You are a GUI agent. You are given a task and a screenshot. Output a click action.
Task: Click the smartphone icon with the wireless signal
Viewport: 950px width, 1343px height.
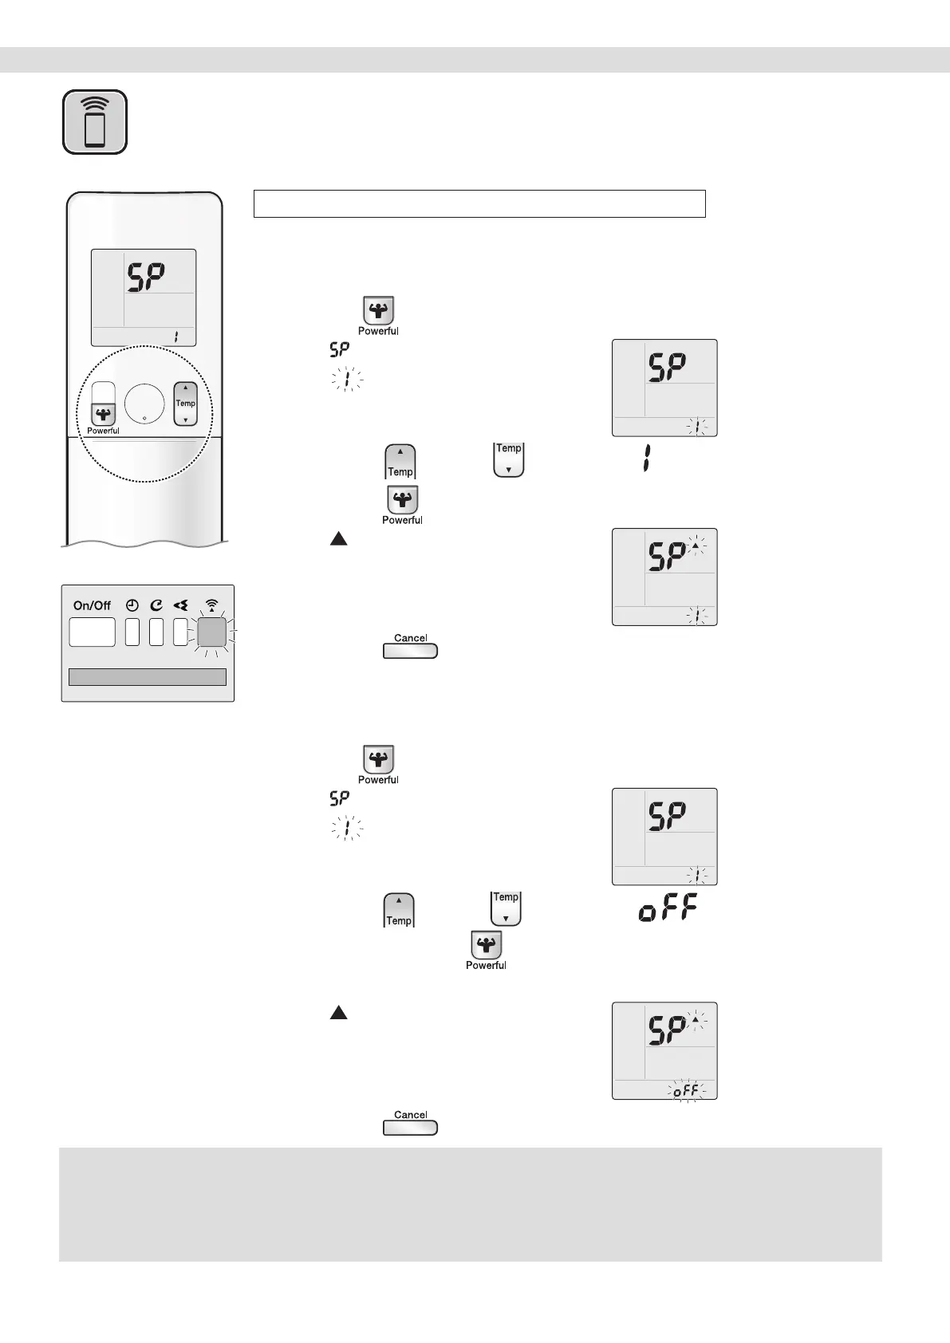click(x=95, y=122)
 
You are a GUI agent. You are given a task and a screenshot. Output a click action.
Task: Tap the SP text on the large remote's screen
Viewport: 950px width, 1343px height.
click(x=147, y=278)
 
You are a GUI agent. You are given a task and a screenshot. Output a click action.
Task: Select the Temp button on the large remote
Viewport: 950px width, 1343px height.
click(x=185, y=404)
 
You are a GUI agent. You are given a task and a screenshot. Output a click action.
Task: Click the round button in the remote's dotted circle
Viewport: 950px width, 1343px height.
click(x=144, y=404)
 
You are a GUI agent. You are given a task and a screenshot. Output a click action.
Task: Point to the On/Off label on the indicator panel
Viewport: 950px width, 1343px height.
click(x=92, y=605)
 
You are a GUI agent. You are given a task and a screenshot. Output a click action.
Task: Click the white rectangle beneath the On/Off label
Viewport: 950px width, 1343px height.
click(x=92, y=632)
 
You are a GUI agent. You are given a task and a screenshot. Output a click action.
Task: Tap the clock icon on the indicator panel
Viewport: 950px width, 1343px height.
click(x=132, y=605)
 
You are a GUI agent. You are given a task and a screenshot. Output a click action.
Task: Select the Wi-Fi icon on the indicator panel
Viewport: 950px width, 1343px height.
click(x=211, y=605)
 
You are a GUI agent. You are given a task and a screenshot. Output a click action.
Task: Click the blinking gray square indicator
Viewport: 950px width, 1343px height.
click(x=211, y=632)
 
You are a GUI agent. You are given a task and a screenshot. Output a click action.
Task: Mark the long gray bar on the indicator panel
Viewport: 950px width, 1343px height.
click(x=148, y=677)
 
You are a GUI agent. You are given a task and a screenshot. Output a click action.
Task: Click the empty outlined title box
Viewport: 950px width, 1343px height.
click(x=479, y=203)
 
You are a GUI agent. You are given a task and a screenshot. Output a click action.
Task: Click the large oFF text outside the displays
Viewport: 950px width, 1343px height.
click(x=668, y=909)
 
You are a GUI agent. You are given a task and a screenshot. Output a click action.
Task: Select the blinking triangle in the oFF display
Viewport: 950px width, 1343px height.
click(x=696, y=1020)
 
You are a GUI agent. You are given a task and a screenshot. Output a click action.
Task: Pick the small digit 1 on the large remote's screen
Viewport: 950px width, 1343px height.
click(x=175, y=337)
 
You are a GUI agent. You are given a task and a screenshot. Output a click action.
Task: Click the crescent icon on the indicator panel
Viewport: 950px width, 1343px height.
click(x=156, y=605)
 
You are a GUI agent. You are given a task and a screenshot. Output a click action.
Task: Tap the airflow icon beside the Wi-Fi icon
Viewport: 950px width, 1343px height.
click(x=181, y=605)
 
